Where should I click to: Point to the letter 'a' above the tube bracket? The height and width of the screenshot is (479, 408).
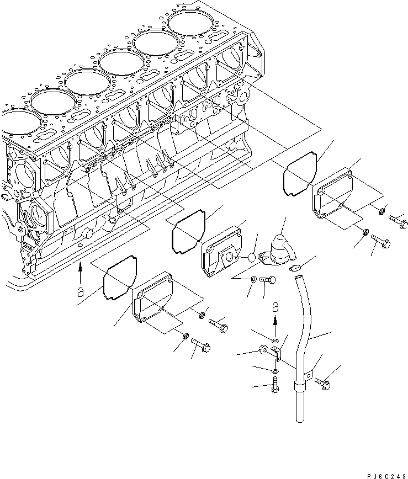[275, 306]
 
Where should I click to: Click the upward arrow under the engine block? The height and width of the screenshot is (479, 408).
[81, 269]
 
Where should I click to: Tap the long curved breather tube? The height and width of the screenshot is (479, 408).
[303, 342]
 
